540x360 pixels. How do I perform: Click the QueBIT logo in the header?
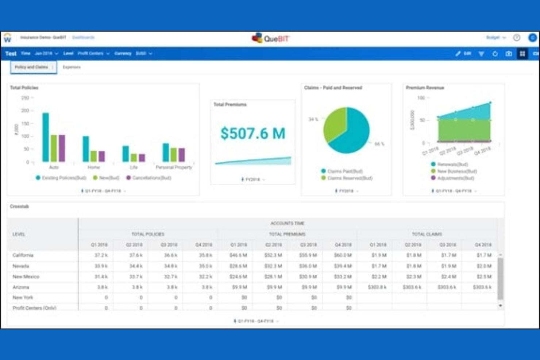coord(270,38)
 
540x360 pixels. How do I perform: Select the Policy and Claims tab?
coord(32,67)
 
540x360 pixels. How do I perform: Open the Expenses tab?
coord(72,67)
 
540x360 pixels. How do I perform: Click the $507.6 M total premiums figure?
coord(252,133)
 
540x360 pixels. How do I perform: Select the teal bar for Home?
coord(86,148)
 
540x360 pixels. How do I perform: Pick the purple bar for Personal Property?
coord(181,155)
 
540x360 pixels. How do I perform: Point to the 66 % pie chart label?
coord(379,144)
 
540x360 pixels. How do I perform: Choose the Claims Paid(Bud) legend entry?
coord(344,171)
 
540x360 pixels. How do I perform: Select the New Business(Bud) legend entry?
coord(456,171)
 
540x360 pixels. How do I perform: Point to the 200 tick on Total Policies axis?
coord(25,111)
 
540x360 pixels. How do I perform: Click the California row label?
coord(23,255)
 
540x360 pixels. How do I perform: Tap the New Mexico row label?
coord(26,276)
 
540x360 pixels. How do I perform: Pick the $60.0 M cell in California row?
coord(343,255)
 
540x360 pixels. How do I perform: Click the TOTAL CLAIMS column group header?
coord(427,234)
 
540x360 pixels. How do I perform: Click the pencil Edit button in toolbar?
coord(463,54)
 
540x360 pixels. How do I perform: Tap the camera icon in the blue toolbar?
coord(509,54)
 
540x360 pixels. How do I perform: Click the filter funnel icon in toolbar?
coord(481,54)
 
